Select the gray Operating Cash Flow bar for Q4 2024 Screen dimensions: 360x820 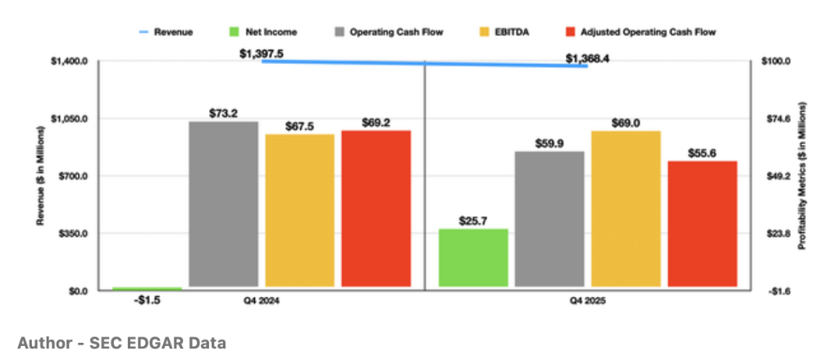coord(224,205)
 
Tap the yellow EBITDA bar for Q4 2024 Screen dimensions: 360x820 coord(299,211)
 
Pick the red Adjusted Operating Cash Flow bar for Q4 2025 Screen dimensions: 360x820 coord(703,224)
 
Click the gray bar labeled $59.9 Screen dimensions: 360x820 coord(549,219)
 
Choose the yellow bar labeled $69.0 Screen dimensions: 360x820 coord(626,209)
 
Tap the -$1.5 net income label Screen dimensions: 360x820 coord(147,302)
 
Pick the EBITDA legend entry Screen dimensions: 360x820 coord(505,32)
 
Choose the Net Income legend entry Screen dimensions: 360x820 coord(271,32)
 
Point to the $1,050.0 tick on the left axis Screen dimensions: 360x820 coord(70,119)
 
